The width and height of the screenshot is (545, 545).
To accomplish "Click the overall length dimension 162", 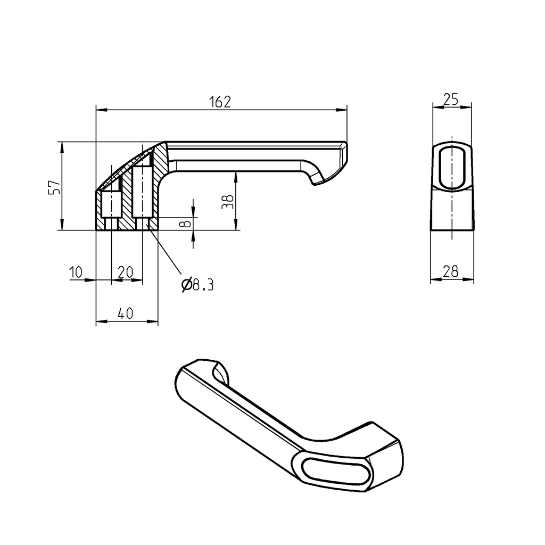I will [220, 102].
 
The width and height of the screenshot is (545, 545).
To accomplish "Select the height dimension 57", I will [54, 187].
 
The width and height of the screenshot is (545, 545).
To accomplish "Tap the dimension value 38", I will [228, 201].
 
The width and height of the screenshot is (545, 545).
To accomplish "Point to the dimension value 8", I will [185, 224].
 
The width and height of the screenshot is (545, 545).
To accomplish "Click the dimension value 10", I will [76, 273].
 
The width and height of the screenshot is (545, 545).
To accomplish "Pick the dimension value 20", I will [125, 273].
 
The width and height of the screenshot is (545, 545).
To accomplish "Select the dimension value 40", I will [125, 315].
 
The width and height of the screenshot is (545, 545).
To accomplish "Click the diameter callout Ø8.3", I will [197, 285].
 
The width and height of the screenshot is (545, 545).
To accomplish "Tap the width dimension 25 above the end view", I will [451, 100].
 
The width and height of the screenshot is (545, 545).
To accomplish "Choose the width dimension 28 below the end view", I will [451, 272].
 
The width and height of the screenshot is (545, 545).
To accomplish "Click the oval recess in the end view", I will [451, 166].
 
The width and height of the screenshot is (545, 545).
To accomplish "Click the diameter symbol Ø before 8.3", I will [186, 285].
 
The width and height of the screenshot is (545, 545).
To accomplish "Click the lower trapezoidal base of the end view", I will [451, 210].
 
